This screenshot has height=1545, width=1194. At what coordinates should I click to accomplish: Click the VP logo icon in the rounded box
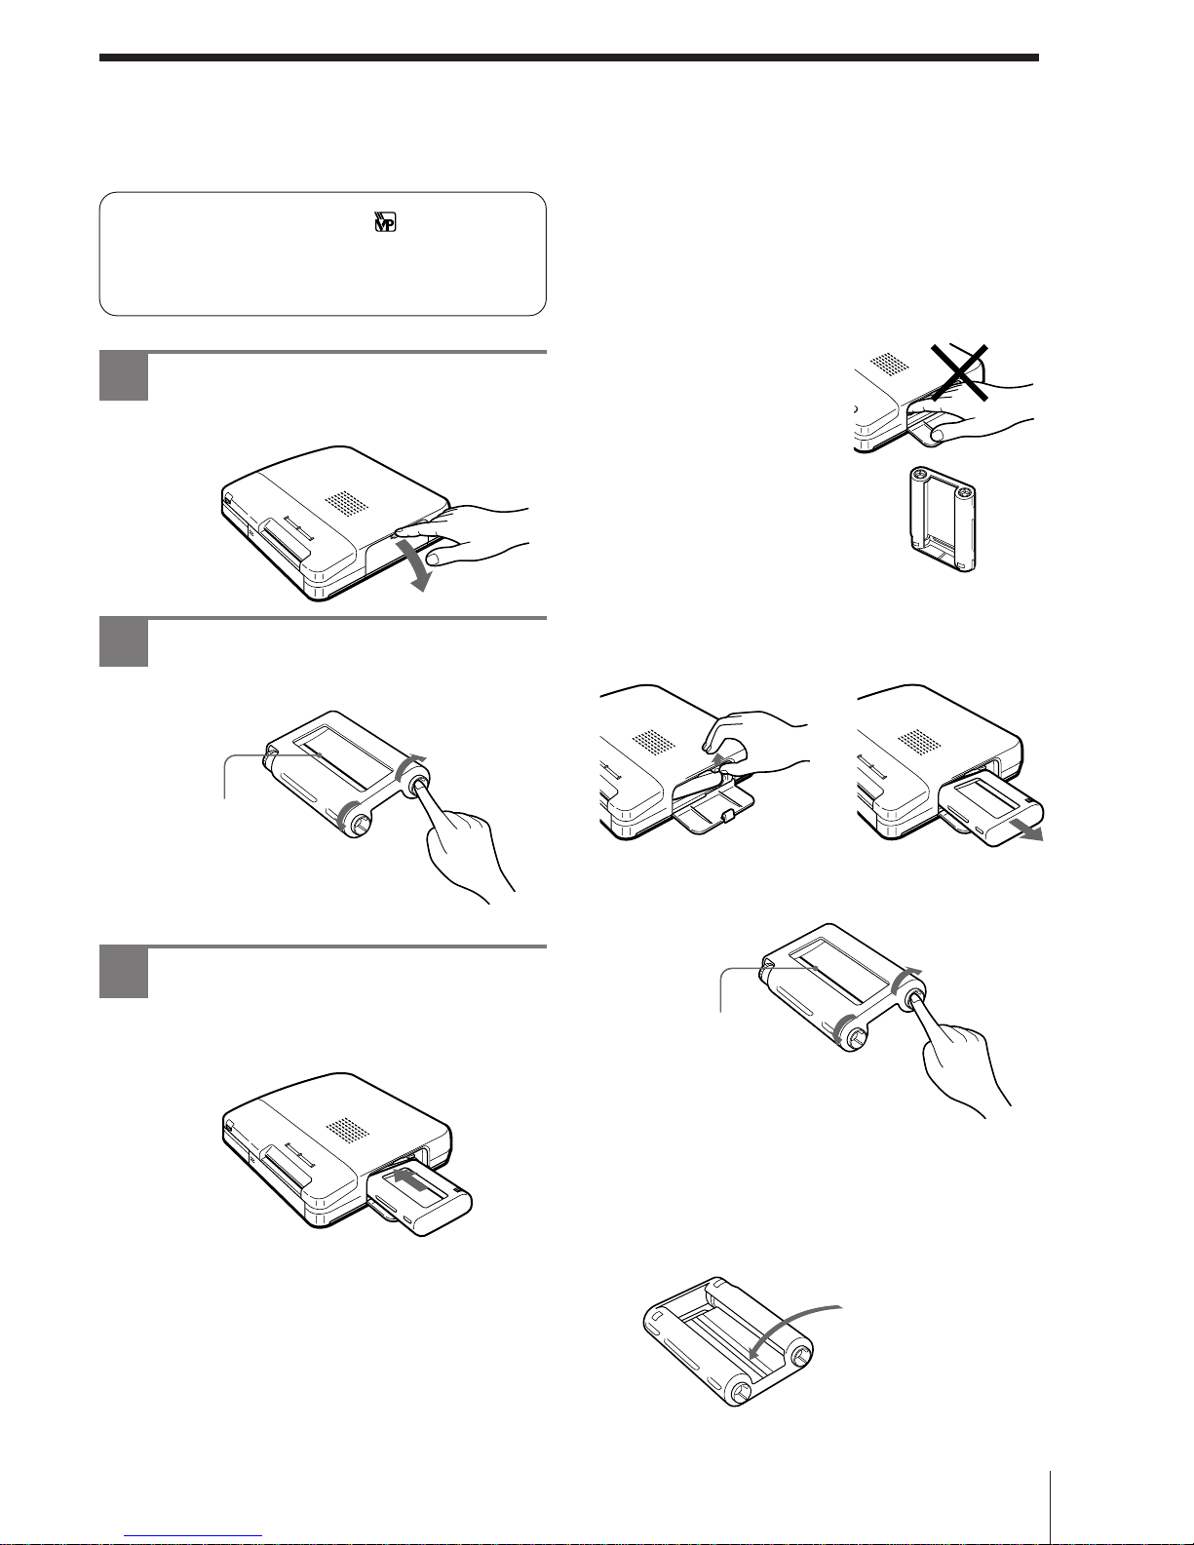[384, 222]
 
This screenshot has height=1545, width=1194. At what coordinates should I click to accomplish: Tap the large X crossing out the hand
[959, 372]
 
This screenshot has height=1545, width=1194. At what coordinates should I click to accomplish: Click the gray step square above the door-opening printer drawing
[124, 376]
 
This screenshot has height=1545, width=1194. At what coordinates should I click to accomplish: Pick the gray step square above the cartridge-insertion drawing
[124, 973]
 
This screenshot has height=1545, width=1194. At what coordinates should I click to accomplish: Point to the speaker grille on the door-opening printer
[347, 503]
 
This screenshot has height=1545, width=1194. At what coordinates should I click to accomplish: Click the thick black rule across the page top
[568, 58]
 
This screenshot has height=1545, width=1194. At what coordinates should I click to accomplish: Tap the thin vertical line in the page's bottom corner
[1051, 1507]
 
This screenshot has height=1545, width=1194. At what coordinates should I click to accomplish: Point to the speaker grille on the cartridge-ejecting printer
[920, 742]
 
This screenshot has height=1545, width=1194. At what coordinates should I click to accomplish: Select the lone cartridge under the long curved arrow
[728, 1342]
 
